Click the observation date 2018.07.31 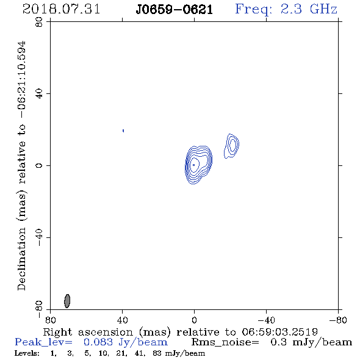pos(61,9)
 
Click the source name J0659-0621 pos(174,10)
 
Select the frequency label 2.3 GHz pos(309,9)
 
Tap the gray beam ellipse pos(67,301)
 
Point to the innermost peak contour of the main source pos(194,165)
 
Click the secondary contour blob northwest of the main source pos(231,146)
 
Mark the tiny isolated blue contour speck pos(123,131)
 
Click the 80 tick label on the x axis pos(50,320)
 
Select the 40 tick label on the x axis pos(122,320)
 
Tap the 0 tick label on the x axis pos(194,320)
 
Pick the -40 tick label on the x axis pos(266,320)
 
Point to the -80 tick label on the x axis pos(338,320)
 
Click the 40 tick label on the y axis pos(39,94)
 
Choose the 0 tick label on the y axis pos(39,165)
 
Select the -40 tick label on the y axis pos(39,237)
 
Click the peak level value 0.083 pos(98,342)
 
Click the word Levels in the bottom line pos(27,353)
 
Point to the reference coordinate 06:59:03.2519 pos(279,332)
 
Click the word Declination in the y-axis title pos(21,259)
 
